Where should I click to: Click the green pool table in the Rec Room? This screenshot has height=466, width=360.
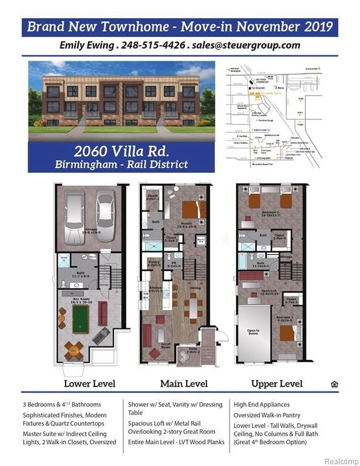click(81, 319)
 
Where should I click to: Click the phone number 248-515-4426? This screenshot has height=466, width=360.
click(150, 46)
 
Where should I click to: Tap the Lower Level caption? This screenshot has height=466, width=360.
click(90, 383)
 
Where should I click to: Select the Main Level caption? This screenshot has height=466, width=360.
click(184, 383)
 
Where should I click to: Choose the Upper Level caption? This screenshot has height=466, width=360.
click(277, 383)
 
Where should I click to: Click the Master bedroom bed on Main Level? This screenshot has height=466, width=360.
click(194, 209)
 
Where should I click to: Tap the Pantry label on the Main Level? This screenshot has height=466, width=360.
click(154, 262)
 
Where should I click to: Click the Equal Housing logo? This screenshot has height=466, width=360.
click(334, 383)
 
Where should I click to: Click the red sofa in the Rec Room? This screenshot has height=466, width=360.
click(102, 312)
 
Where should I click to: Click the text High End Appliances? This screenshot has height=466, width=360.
click(261, 404)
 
